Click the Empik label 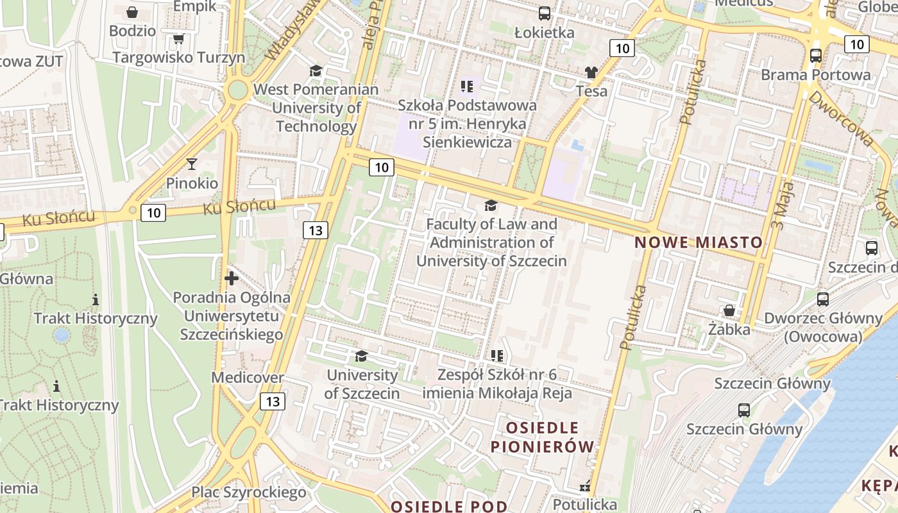[x=194, y=6]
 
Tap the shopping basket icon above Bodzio [x=131, y=12]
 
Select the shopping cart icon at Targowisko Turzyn [x=179, y=39]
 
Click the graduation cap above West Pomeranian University [x=316, y=71]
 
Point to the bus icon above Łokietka [x=545, y=13]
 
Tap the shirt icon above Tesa [x=591, y=72]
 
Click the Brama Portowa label [x=816, y=74]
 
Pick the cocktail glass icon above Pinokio [x=191, y=164]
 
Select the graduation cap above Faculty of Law [x=491, y=205]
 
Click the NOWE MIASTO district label [x=699, y=242]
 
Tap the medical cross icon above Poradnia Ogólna [x=232, y=278]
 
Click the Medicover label [x=248, y=378]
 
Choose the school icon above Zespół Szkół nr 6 [x=496, y=355]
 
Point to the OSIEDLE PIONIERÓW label [x=543, y=437]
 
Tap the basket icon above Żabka [x=729, y=311]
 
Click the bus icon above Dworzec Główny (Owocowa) [x=823, y=299]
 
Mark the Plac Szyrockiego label [x=249, y=492]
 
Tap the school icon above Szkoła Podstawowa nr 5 [x=467, y=85]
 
